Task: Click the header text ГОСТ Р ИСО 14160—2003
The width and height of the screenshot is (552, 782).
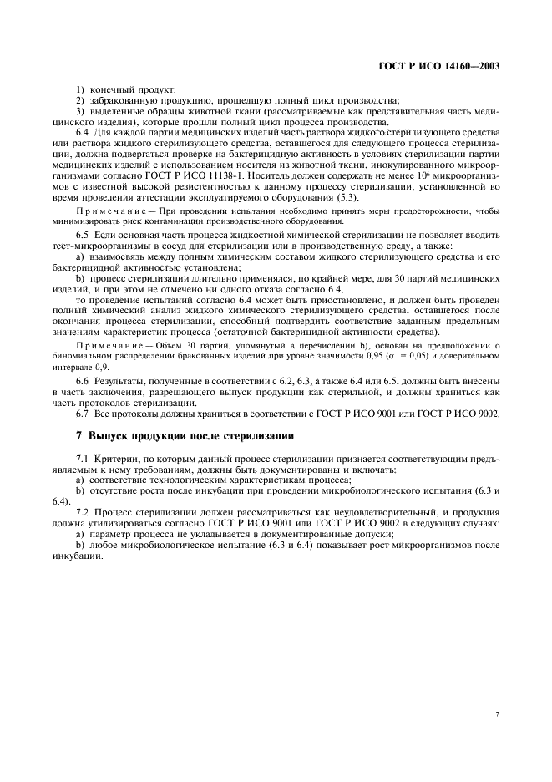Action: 452,65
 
